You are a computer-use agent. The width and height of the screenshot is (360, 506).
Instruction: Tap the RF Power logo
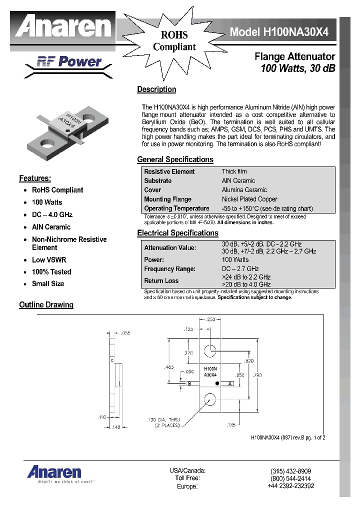click(x=69, y=62)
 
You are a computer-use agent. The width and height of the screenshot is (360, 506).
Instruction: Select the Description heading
click(x=156, y=89)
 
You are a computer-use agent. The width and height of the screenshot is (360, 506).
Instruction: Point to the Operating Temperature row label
click(x=176, y=208)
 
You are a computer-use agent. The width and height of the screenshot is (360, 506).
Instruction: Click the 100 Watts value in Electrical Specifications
click(x=235, y=259)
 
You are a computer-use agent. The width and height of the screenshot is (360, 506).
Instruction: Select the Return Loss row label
click(x=161, y=280)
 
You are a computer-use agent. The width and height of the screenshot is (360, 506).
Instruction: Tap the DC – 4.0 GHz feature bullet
click(x=52, y=214)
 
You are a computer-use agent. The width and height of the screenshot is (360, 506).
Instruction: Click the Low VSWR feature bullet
click(x=49, y=260)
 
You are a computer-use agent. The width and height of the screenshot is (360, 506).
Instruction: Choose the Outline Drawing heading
click(x=46, y=305)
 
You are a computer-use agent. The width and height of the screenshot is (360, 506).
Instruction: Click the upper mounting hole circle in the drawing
click(x=210, y=350)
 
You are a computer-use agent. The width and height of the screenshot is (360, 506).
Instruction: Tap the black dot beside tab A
click(x=216, y=383)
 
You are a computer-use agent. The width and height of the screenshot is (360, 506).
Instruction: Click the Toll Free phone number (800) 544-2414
click(x=290, y=478)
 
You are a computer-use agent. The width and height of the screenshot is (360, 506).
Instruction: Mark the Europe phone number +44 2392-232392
click(x=290, y=486)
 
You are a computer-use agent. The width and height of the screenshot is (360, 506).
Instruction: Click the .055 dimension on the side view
click(x=125, y=333)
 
